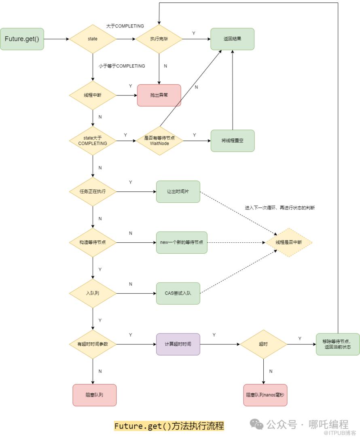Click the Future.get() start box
(x=22, y=39)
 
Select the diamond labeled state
(x=93, y=39)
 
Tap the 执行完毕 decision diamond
(x=159, y=39)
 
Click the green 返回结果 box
(x=232, y=39)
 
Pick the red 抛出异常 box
(x=159, y=95)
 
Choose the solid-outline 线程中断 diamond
(x=93, y=95)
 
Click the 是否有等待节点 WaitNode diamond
(x=159, y=140)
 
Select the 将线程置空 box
(x=233, y=140)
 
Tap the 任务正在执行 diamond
(x=93, y=191)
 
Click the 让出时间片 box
(x=178, y=191)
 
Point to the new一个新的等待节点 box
(x=182, y=242)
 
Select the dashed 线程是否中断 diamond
(x=289, y=242)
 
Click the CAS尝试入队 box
(x=178, y=293)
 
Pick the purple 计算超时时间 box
(x=178, y=344)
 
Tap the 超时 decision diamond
(x=263, y=344)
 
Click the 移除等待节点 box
(x=338, y=344)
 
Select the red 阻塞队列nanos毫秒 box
(x=265, y=395)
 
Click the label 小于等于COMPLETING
(x=122, y=66)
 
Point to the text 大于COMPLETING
(x=125, y=26)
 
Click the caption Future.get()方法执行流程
(x=169, y=426)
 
